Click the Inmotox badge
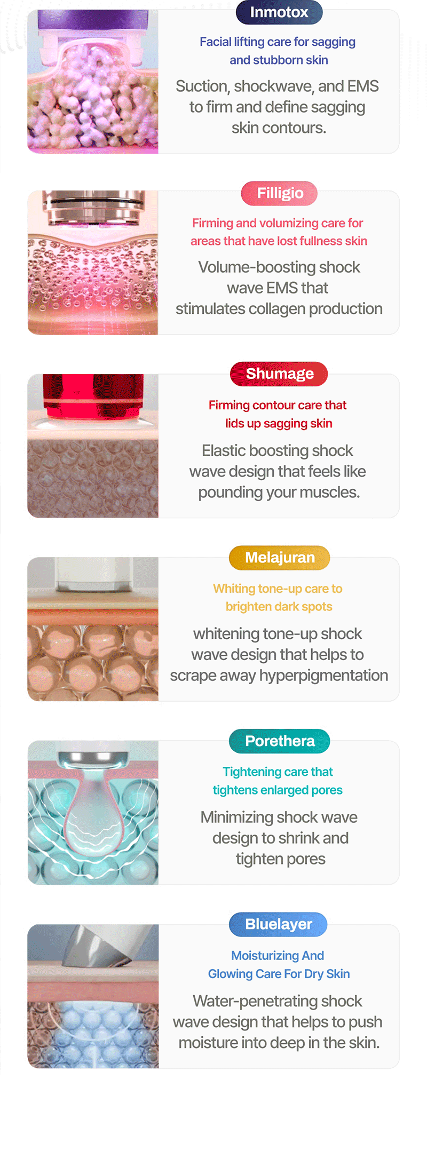coord(279,12)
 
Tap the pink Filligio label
coord(279,193)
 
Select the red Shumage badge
coord(279,374)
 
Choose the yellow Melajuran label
coord(279,558)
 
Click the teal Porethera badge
coord(279,741)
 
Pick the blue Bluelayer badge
coord(278,925)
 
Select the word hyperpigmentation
coord(324,676)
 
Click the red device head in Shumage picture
coord(93,396)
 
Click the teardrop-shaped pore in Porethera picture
coord(91,814)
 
